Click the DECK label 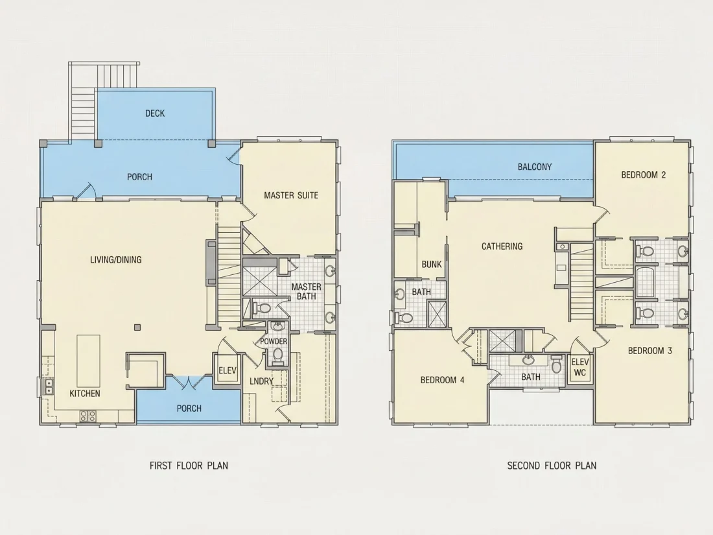[x=155, y=113]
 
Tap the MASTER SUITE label [x=291, y=195]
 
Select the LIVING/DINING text [x=116, y=260]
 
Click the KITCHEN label [x=85, y=394]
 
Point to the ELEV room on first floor [x=228, y=370]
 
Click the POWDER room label [x=274, y=341]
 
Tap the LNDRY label [x=261, y=381]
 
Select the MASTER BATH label [x=307, y=292]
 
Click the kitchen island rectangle [x=89, y=361]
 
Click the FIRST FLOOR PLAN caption [x=189, y=466]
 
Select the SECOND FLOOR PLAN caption [x=552, y=466]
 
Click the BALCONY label [x=535, y=167]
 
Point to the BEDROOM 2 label [x=644, y=174]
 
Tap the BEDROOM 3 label [x=649, y=351]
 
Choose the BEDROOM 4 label [x=443, y=380]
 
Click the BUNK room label [x=432, y=265]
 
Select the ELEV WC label [x=579, y=368]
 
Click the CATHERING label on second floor [x=502, y=246]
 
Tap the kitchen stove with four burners [x=88, y=416]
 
